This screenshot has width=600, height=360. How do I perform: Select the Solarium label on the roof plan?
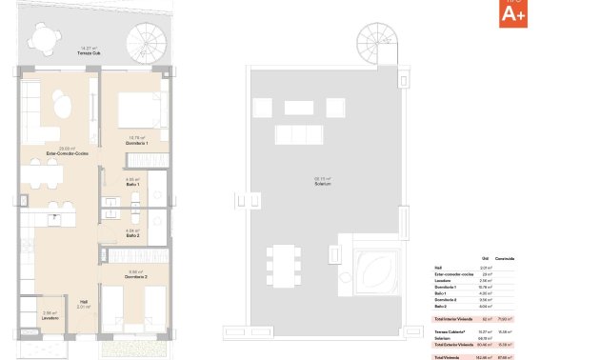(x=323, y=182)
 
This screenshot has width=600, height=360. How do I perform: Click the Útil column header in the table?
(x=485, y=258)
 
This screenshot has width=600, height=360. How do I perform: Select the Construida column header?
(x=505, y=258)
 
